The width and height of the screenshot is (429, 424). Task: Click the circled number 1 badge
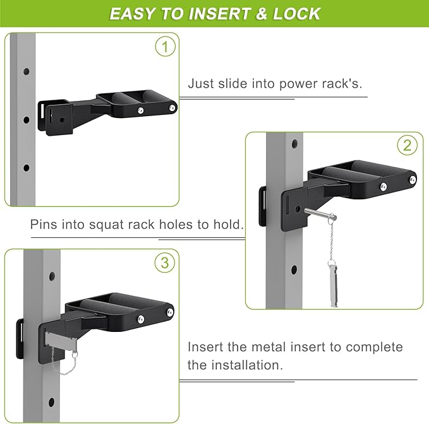click(166, 47)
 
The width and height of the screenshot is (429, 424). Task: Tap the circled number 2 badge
click(408, 146)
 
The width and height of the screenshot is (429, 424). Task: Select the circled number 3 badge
click(165, 263)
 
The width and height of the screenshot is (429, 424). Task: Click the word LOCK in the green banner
click(296, 14)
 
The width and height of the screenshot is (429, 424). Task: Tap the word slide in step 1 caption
click(233, 83)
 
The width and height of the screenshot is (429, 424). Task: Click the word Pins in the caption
click(44, 224)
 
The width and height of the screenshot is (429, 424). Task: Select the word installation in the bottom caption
click(247, 365)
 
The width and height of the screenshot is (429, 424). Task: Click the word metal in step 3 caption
click(268, 347)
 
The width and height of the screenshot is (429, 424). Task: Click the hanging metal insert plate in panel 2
click(333, 283)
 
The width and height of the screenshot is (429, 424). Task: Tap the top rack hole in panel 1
click(27, 71)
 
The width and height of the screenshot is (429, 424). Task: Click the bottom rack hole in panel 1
click(27, 168)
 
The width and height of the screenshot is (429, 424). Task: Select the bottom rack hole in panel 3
click(51, 403)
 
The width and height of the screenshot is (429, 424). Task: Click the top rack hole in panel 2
click(294, 144)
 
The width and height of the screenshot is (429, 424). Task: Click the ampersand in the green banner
click(262, 14)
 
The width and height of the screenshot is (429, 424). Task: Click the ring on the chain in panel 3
click(75, 355)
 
